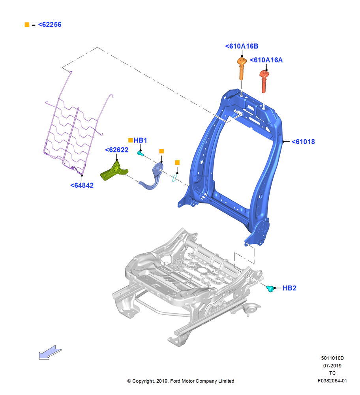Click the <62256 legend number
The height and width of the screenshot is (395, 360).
50,24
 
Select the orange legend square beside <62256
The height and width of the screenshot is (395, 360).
27,24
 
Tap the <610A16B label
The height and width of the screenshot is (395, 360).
242,46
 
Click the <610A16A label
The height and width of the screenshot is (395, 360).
266,60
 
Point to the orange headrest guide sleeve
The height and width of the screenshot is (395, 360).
242,68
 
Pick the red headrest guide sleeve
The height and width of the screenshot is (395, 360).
264,81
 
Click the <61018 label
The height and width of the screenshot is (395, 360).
303,141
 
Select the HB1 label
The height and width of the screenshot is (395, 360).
140,140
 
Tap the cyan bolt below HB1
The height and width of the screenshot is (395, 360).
140,153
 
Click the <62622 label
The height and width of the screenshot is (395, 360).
116,150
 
